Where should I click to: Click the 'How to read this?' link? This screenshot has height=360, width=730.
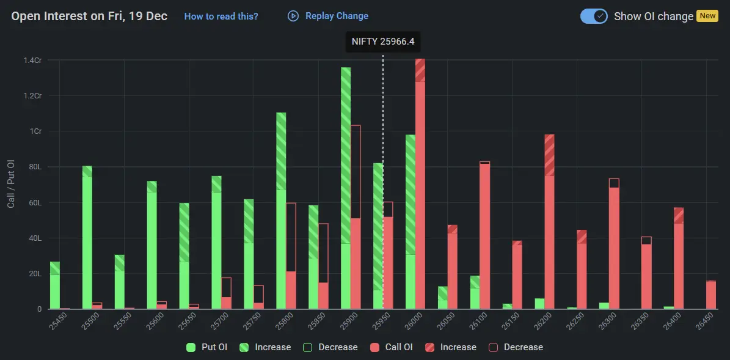coord(221,17)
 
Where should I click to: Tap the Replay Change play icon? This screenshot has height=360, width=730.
coord(293,16)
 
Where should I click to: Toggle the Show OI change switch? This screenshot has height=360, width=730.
coord(594,16)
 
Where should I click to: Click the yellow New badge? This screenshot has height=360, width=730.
coord(707,16)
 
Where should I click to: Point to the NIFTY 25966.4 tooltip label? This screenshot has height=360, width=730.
coord(383,42)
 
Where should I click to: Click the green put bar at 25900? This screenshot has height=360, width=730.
coord(346,196)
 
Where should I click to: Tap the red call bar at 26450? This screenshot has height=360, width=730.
coord(711,295)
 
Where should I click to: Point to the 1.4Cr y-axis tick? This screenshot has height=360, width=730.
coord(32,60)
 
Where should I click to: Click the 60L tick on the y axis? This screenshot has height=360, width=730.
coord(34,202)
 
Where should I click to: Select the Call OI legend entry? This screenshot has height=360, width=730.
coord(391,347)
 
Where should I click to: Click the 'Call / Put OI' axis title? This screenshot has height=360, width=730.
coord(11,183)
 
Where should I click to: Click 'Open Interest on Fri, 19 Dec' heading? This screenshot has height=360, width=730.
coord(89,16)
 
